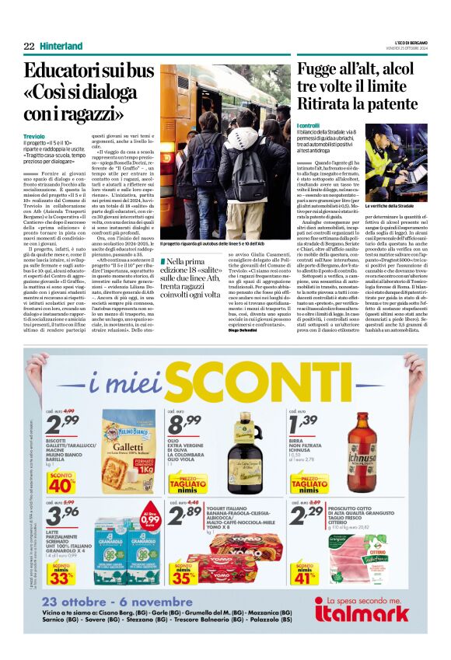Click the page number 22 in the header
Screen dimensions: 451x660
coord(30,46)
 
